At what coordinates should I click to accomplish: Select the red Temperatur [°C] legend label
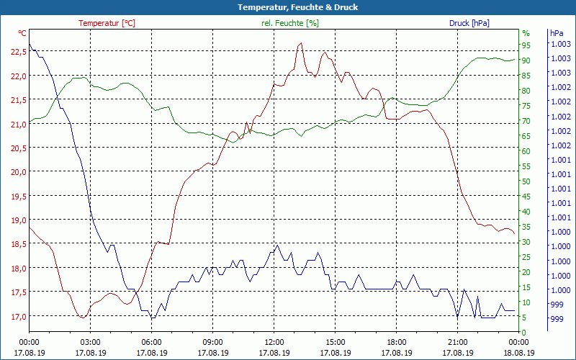pos(107,23)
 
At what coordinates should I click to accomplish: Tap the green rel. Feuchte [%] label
pos(290,23)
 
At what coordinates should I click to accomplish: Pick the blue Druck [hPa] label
pos(469,23)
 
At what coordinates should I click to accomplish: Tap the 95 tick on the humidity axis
pos(526,45)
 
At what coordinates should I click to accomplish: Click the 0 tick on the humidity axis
pos(524,332)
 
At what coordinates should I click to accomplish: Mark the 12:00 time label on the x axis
pos(274,342)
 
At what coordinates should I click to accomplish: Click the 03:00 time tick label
pos(90,342)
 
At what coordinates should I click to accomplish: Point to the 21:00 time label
pos(457,342)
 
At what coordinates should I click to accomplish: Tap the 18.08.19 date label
pos(519,353)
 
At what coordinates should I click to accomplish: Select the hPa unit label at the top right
pos(556,33)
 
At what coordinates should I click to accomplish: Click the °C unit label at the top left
pos(22,33)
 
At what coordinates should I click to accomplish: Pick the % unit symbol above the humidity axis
pos(526,33)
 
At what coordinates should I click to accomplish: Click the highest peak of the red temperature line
pos(301,43)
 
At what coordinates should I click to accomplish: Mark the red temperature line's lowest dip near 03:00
pos(83,317)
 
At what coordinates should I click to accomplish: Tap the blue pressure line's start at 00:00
pos(30,45)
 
